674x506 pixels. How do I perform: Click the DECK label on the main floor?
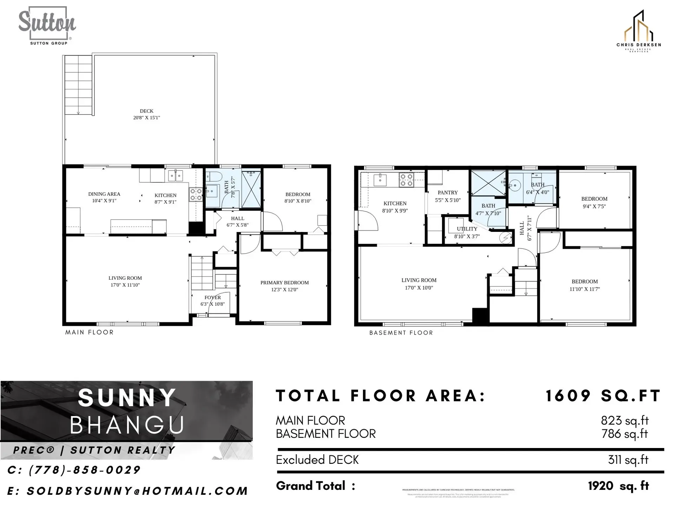coord(146,111)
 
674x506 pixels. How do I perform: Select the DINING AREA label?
coord(104,194)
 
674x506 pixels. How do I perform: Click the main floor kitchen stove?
coord(196,194)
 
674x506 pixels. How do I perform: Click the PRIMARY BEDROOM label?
coord(284,283)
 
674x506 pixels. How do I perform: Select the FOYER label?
coord(213,297)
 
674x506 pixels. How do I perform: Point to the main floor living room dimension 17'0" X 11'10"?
coord(125,285)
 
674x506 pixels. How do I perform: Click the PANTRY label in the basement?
coord(448,193)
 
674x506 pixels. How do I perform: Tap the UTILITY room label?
coord(467,229)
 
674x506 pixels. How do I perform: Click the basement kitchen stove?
coord(407,180)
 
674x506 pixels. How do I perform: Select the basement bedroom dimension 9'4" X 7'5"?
coord(594,207)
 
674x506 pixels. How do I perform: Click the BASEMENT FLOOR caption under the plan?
coord(401,333)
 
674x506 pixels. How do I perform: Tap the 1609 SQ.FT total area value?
coord(603,396)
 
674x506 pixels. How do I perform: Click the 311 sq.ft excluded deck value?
coord(628,460)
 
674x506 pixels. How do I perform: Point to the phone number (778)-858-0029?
coord(74,470)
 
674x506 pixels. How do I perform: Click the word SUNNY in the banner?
coord(127,398)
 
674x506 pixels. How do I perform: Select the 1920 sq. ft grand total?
coord(618,486)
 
